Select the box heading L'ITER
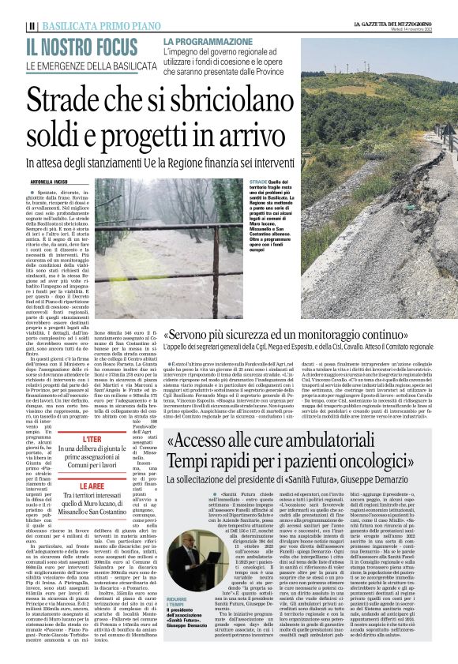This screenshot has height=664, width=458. pyautogui.click(x=92, y=438)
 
